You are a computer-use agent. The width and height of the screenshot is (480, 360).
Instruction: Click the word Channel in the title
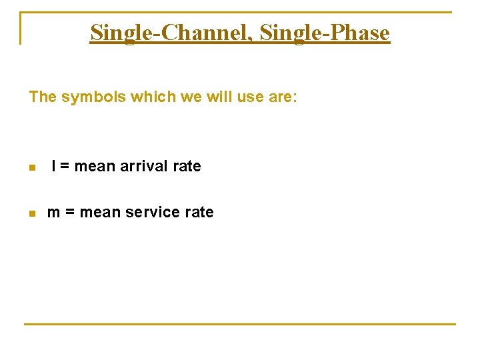pos(206,32)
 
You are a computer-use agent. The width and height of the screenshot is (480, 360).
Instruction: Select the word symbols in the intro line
pos(93,97)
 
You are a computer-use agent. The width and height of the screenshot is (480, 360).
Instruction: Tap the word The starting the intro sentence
pos(43,97)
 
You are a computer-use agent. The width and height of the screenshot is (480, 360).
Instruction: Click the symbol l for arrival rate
pos(53,166)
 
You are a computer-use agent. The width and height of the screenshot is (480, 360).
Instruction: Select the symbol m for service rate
pos(54,213)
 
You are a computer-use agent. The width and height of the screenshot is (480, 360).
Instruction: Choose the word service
pos(153,213)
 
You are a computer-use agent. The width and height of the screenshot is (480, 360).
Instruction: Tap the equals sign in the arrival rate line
pos(65,166)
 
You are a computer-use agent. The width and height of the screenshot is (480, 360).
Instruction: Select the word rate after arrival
pos(187,166)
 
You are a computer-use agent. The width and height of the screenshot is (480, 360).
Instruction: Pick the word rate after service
pos(199,213)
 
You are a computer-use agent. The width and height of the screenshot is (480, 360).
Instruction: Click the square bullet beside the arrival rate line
pos(31,168)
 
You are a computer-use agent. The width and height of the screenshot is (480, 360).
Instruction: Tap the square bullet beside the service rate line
pos(31,214)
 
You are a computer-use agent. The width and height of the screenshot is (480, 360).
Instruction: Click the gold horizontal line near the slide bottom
pos(240,324)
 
